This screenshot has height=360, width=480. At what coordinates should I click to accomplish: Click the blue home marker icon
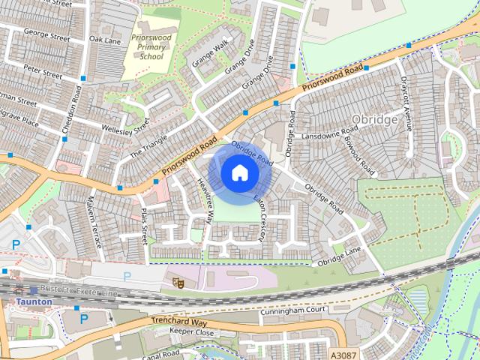pyautogui.click(x=239, y=173)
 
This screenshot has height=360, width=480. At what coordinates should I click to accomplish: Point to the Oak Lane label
pyautogui.click(x=104, y=39)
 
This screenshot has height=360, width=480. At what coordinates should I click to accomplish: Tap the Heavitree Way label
pyautogui.click(x=204, y=200)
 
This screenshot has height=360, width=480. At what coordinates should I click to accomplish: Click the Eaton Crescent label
pyautogui.click(x=259, y=219)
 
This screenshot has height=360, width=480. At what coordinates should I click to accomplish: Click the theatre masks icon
pyautogui.click(x=178, y=283)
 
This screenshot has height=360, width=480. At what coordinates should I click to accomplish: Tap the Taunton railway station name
pyautogui.click(x=34, y=301)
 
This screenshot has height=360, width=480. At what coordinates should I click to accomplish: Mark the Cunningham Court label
pyautogui.click(x=294, y=310)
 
